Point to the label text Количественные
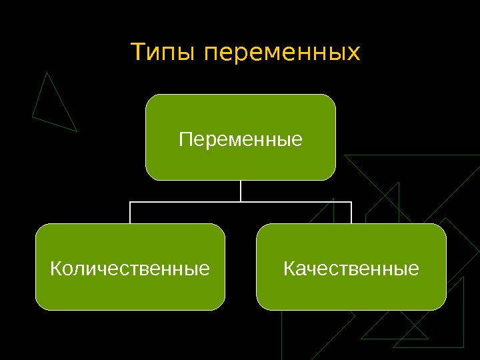click(x=130, y=269)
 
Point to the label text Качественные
click(x=351, y=269)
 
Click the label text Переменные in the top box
click(x=241, y=141)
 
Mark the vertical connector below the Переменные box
click(x=241, y=190)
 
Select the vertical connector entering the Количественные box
click(x=130, y=212)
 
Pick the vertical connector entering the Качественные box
click(x=351, y=212)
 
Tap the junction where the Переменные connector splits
click(x=241, y=201)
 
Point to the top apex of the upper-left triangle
click(x=46, y=73)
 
